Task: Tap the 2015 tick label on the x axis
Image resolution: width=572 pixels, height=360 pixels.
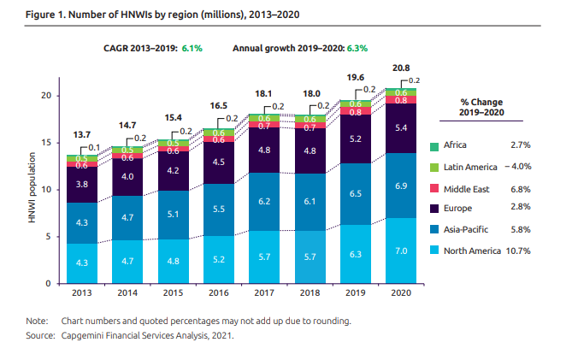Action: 171,294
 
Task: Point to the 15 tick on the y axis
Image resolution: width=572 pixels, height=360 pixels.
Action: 48,142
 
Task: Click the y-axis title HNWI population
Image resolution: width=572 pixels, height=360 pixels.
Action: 31,189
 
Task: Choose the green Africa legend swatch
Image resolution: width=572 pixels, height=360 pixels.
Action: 446,147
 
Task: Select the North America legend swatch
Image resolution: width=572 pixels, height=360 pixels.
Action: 446,251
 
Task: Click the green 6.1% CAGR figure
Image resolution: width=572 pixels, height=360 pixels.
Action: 191,48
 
